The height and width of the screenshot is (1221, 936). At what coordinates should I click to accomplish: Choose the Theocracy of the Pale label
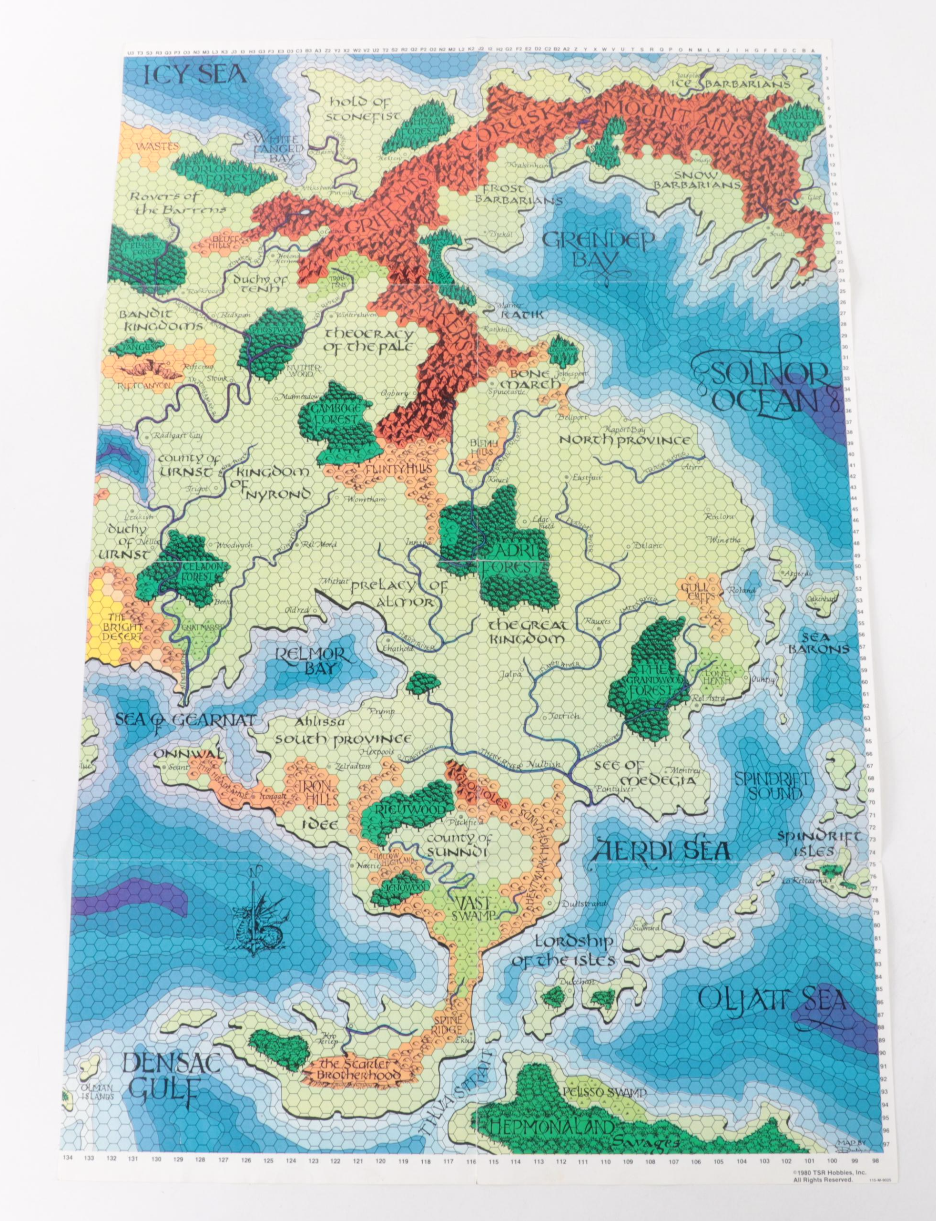tap(369, 341)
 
